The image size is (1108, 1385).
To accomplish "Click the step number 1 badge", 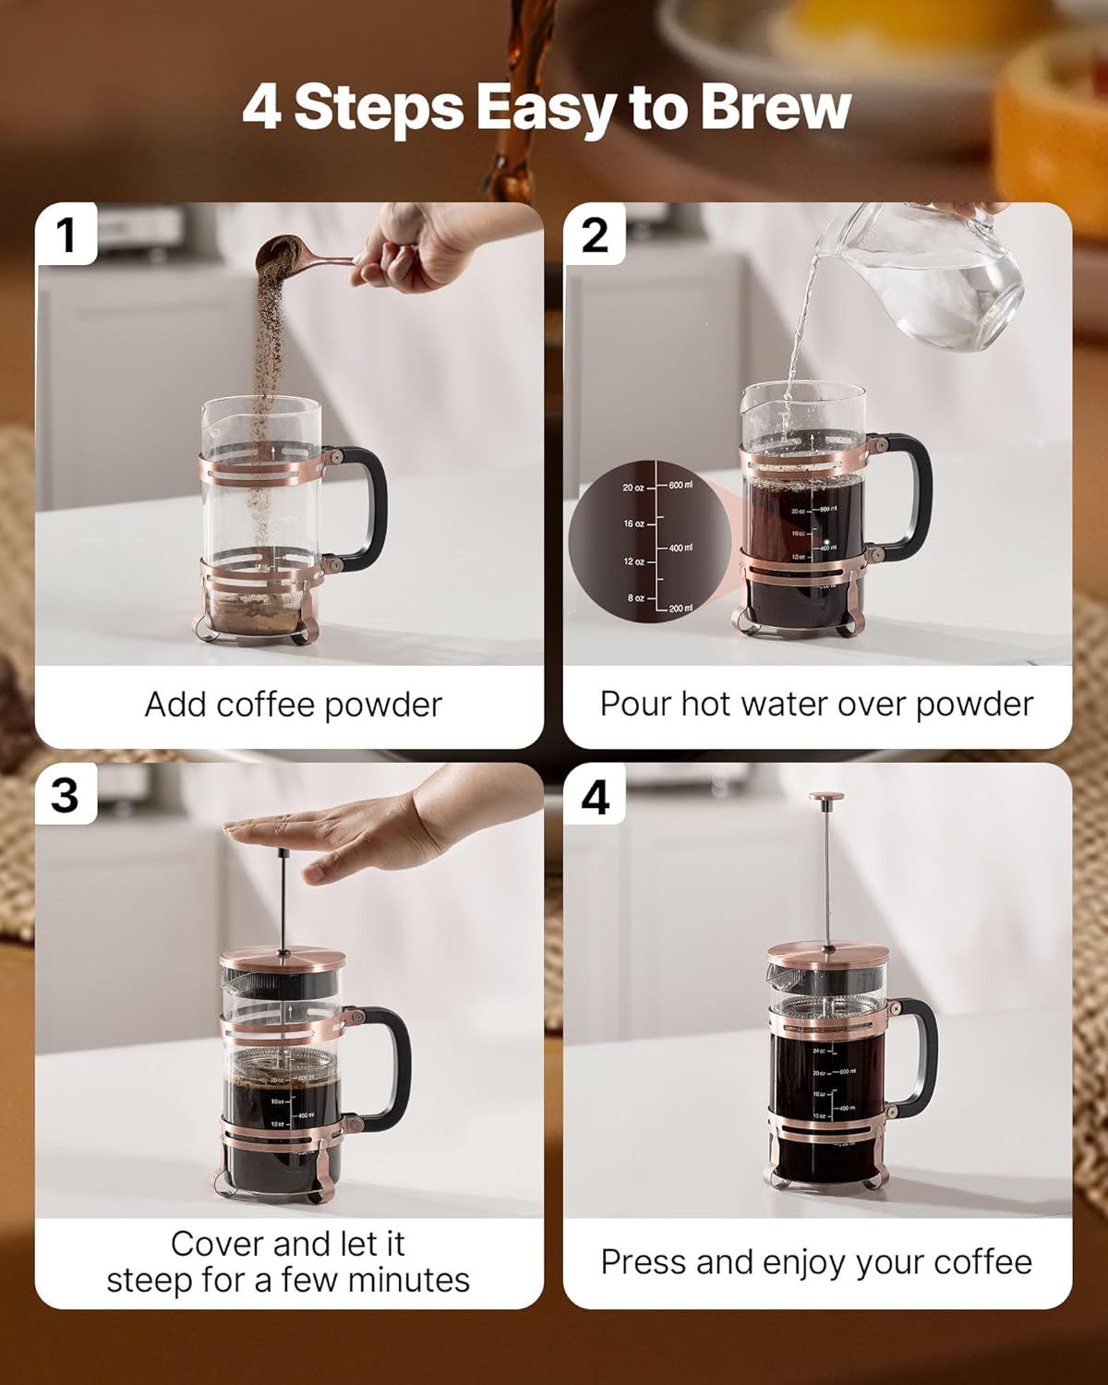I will point(66,235).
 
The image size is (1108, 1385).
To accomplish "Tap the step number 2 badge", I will point(595,235).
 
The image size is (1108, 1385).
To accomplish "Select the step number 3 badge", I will point(66,794).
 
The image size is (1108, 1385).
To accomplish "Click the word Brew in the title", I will point(774,108).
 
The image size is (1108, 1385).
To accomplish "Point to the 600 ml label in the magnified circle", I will point(680,485).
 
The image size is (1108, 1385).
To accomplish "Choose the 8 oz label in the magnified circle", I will point(635,598).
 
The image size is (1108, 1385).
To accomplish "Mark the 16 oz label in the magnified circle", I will point(633,524).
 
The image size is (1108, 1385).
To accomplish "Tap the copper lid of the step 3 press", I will point(283,960).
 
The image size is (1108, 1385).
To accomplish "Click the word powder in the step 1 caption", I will point(387,705).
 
